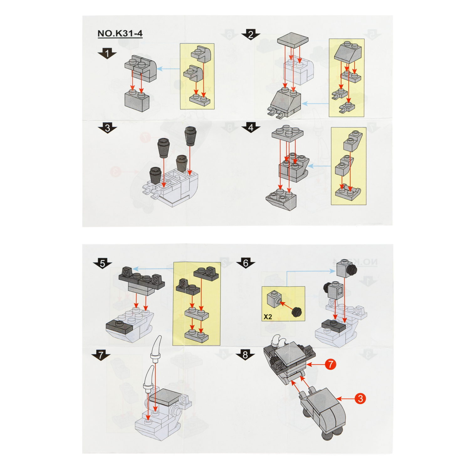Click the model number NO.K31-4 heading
pos(120,34)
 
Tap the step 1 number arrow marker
pos(107,54)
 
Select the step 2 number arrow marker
pos(251,34)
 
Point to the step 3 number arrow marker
pos(107,128)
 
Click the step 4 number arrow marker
pos(251,128)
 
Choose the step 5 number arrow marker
pos(102,264)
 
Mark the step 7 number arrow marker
pos(101,355)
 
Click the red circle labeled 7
pos(331,364)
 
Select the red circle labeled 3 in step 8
pos(360,399)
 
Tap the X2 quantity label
pos(268,317)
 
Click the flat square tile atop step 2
pos(293,39)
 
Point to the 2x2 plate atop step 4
pos(288,133)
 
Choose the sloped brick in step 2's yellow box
pos(348,52)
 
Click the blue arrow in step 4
pos(319,166)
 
